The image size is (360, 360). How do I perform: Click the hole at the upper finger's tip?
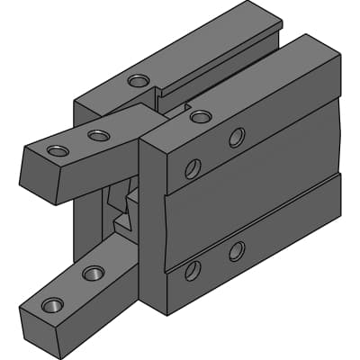(x=58, y=150)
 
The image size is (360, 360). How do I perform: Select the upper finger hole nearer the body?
(x=99, y=136)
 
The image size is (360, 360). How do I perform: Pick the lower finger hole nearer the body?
(x=93, y=273)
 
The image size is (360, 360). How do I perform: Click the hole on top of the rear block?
(x=139, y=81)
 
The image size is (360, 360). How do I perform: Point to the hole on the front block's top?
(x=201, y=116)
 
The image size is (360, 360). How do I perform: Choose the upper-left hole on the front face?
(x=193, y=168)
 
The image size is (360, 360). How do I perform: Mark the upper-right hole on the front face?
(x=237, y=137)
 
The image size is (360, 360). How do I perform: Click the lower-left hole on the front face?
(x=193, y=269)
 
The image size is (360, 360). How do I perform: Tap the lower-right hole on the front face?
(x=237, y=251)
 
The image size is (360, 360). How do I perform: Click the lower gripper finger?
(x=81, y=288)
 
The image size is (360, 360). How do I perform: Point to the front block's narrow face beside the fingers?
(x=152, y=225)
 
